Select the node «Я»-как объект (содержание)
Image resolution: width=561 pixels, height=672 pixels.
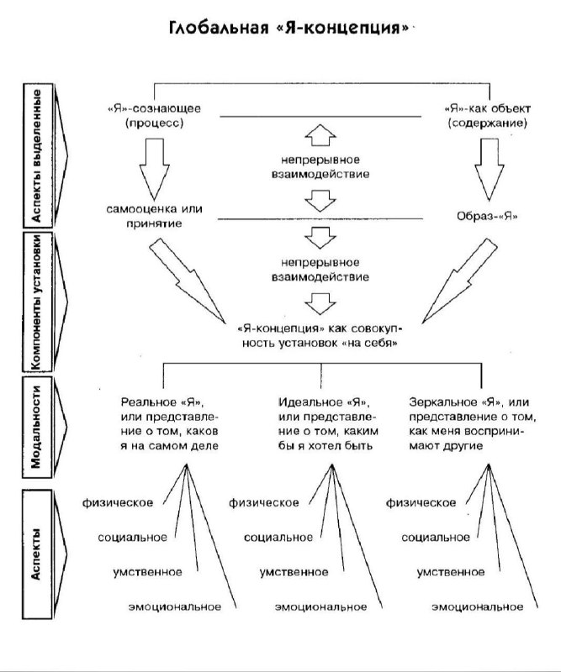click(x=485, y=117)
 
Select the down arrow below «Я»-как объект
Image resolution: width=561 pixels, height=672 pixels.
click(x=494, y=165)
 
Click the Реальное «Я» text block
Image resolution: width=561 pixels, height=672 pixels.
click(x=170, y=423)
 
